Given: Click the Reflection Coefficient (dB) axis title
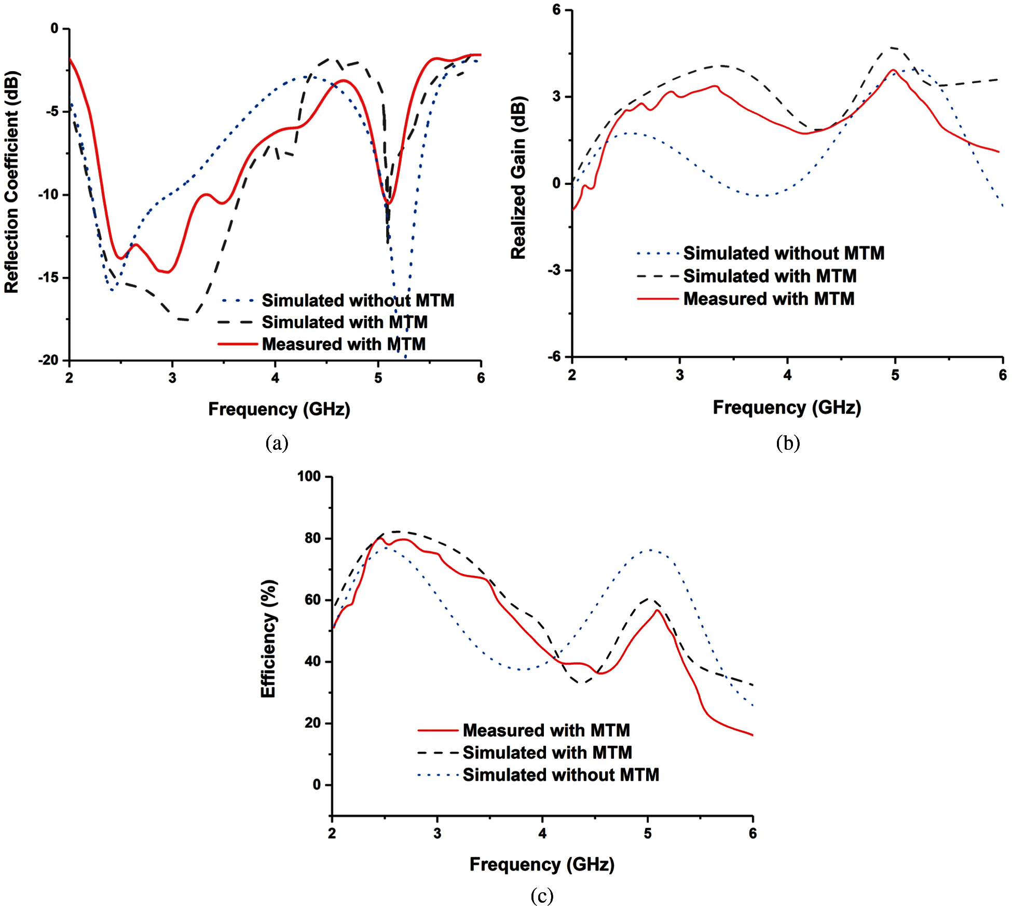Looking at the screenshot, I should click(11, 182).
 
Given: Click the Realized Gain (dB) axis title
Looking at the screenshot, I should click(518, 178).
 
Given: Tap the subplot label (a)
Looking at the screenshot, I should click(277, 443).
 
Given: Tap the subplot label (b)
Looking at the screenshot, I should click(788, 443).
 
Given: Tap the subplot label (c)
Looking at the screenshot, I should click(542, 895).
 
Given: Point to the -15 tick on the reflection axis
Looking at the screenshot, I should click(49, 278).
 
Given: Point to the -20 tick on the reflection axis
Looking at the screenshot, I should click(49, 360).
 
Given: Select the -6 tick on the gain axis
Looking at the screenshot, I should click(555, 356).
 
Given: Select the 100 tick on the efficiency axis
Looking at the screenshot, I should click(309, 476).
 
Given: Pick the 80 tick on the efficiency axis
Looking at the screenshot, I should click(312, 538).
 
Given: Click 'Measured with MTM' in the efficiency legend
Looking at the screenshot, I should click(546, 730).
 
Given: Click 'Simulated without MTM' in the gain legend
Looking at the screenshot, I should click(784, 253).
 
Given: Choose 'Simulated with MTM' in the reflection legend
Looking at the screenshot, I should click(345, 322).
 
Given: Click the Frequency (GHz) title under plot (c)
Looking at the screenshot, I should click(542, 864).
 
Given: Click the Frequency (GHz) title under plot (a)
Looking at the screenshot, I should click(279, 409).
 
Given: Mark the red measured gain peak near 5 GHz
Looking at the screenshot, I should click(894, 70).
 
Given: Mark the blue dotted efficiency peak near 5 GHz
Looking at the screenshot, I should click(650, 550).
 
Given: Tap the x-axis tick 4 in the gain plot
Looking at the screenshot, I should click(787, 375).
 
